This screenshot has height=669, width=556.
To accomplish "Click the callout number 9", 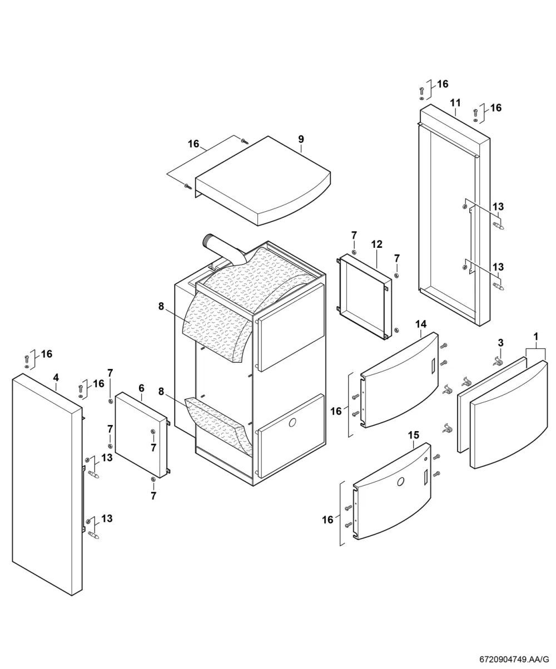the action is pos(301,139).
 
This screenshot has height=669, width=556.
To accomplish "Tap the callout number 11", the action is pos(455,103).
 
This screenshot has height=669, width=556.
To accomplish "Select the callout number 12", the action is pos(377,244).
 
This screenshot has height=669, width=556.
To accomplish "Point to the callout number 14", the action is pos(421,324).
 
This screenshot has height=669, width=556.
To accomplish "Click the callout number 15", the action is pos(414,435).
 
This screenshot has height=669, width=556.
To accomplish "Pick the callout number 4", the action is pos(56,377).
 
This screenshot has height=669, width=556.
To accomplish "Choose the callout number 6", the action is pos(141,388).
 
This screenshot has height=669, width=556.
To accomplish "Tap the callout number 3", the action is pos(500,343).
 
